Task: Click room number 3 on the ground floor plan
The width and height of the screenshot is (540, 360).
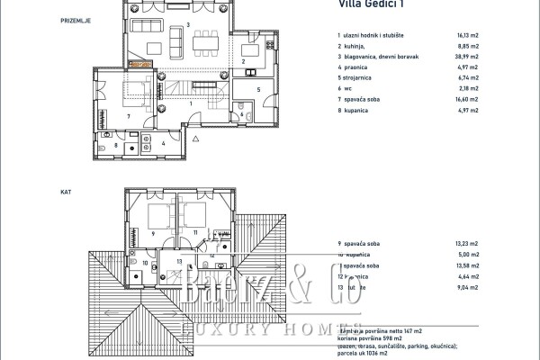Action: [x=187, y=24]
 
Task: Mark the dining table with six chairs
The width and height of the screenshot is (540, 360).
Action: [x=202, y=40]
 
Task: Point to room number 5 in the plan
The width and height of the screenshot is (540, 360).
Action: [x=257, y=90]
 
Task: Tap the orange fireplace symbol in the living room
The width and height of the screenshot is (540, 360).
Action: [x=139, y=65]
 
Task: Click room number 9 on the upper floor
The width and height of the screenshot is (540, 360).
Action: [x=154, y=233]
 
